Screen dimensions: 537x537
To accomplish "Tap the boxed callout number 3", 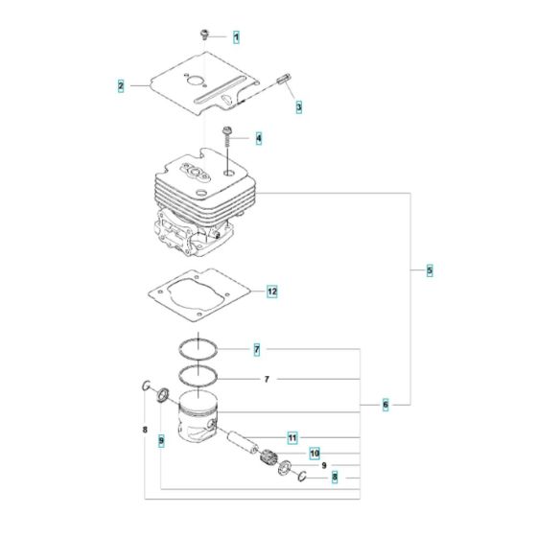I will (297, 106).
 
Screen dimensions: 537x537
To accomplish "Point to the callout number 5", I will (429, 271).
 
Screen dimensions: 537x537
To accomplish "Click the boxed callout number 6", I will (385, 406).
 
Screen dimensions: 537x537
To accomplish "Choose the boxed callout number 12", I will (271, 291).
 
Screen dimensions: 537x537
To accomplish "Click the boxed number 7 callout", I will (256, 350).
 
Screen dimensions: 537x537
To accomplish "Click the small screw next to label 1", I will (205, 35).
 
